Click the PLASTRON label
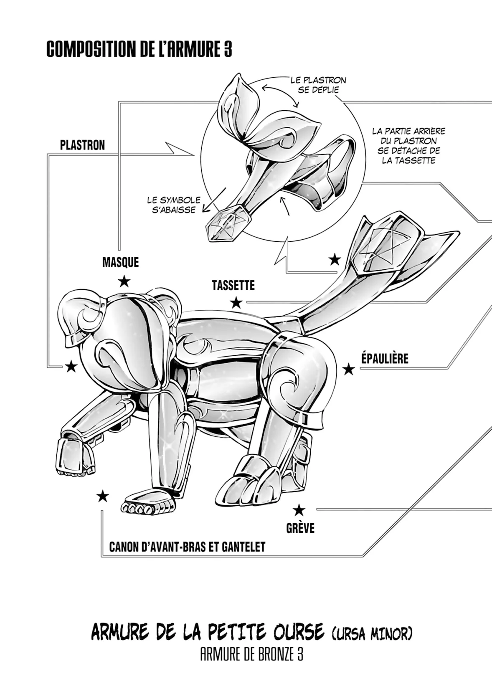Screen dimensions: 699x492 (x=82, y=145)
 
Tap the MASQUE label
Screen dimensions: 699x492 (x=120, y=262)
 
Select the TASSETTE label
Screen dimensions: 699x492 (x=233, y=286)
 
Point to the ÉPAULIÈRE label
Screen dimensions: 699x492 (x=385, y=359)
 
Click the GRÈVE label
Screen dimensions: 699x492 (x=300, y=528)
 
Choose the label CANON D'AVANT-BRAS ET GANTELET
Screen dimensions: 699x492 (x=187, y=547)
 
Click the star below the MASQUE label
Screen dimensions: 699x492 (x=124, y=281)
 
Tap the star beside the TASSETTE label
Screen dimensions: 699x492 (x=236, y=302)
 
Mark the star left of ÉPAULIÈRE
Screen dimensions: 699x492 (x=348, y=369)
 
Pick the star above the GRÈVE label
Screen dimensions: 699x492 (x=298, y=510)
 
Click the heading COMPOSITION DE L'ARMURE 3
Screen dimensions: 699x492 (x=139, y=50)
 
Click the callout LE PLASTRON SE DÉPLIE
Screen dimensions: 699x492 (x=318, y=85)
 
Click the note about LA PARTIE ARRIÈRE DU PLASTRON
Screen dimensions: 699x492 (x=408, y=146)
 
